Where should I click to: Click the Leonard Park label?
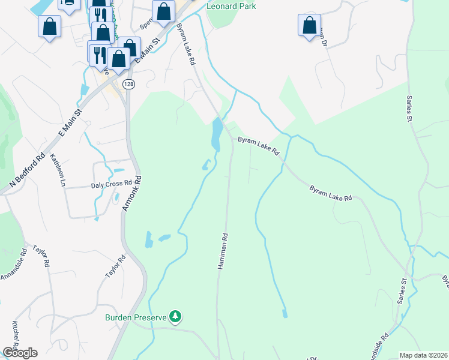[231, 6]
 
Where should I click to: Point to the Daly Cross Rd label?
[111, 184]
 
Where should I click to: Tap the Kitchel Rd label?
[16, 337]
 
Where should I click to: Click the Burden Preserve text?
[136, 317]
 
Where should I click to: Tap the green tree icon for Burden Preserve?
[175, 316]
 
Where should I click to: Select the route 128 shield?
[128, 85]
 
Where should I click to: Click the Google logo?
[20, 353]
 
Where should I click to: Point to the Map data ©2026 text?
[423, 355]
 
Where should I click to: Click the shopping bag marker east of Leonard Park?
[309, 25]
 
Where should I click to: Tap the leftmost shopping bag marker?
[49, 26]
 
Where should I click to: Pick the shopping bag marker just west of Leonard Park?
[163, 11]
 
